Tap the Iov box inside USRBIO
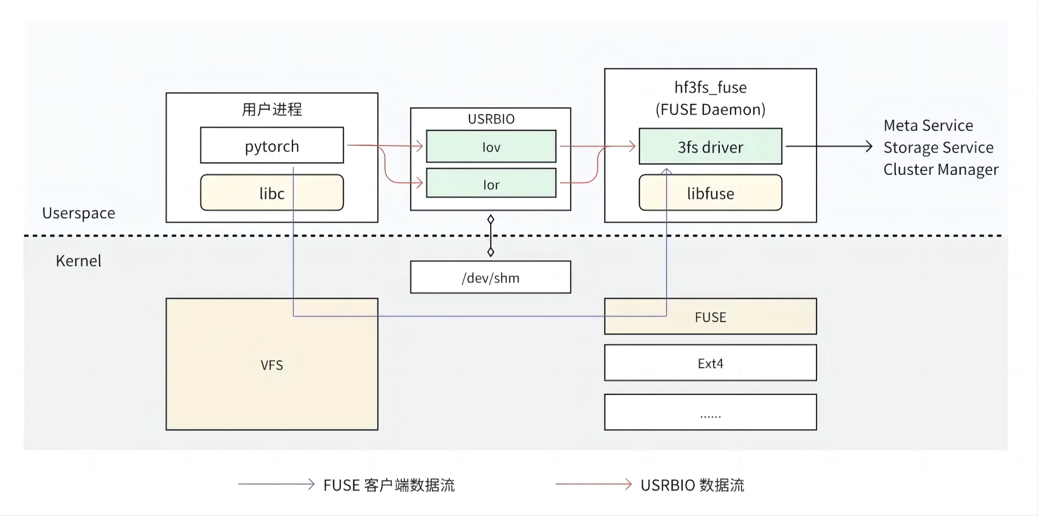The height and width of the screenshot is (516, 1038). click(491, 147)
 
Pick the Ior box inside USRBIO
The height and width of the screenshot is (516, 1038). click(491, 184)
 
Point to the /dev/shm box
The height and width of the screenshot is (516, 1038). click(490, 277)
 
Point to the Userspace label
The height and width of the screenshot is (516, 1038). click(79, 213)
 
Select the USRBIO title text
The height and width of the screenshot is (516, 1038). click(491, 119)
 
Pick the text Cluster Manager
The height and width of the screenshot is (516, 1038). click(941, 169)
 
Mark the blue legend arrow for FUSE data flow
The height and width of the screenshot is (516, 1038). click(276, 484)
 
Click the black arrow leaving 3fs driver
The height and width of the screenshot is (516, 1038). click(828, 146)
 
